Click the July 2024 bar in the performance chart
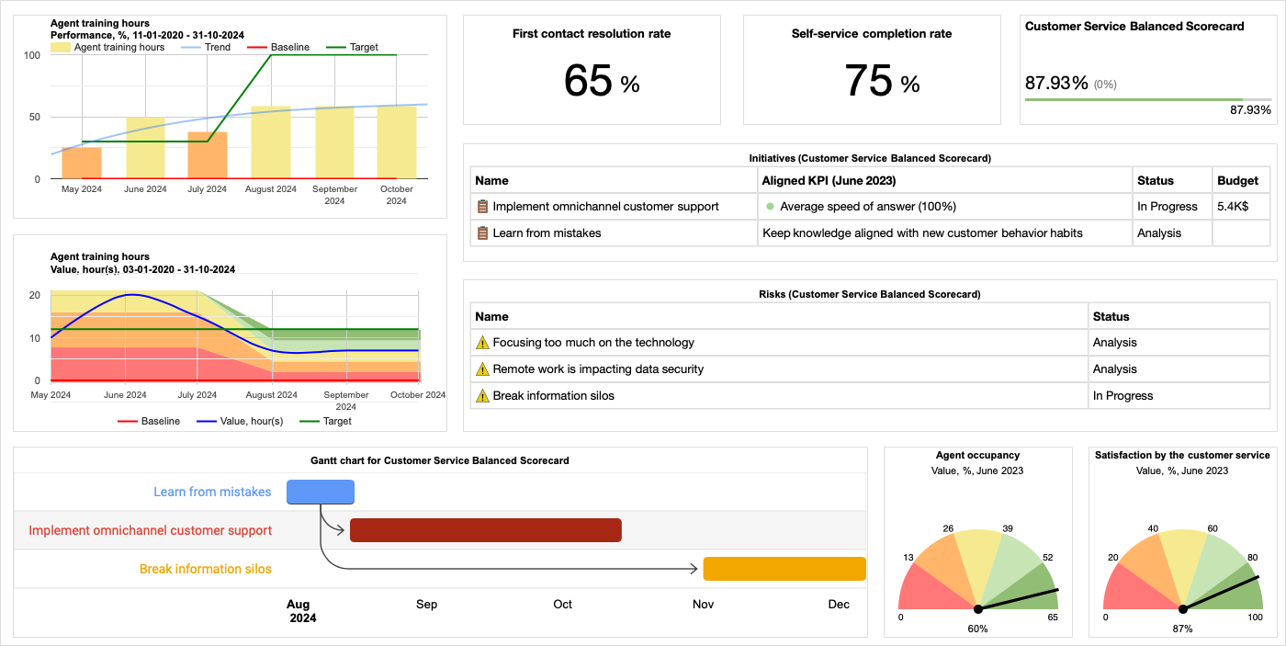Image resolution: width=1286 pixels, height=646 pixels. [x=207, y=155]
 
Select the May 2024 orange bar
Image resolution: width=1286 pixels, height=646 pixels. [x=82, y=163]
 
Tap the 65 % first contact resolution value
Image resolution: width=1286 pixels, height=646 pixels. [x=601, y=81]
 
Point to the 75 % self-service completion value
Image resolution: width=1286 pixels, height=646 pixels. [x=881, y=81]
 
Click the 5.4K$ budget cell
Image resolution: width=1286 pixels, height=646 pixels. [x=1232, y=207]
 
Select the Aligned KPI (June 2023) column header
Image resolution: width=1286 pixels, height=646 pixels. [x=829, y=180]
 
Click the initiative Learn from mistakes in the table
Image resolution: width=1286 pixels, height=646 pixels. [x=547, y=233]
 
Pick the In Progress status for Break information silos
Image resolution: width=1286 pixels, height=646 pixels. [x=1122, y=396]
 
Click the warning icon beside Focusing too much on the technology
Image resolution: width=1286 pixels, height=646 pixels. [x=482, y=343]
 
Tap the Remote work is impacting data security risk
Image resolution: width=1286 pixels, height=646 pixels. [x=598, y=369]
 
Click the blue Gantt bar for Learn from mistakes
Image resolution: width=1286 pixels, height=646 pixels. [x=321, y=493]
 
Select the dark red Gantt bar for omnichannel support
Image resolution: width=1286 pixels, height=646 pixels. [x=486, y=530]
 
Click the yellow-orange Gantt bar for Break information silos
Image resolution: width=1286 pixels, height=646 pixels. [x=784, y=569]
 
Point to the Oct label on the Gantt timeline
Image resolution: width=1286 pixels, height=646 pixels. [x=562, y=605]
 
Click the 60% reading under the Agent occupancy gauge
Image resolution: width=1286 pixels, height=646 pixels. [x=977, y=629]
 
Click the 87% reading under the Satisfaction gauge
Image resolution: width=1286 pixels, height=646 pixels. [x=1182, y=629]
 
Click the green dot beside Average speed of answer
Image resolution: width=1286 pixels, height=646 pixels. [x=770, y=207]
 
